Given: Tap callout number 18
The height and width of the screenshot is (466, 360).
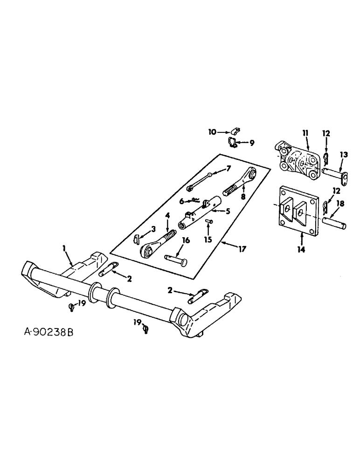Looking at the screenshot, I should pyautogui.click(x=340, y=204).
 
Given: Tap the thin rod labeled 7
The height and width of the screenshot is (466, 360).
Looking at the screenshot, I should pyautogui.click(x=201, y=181).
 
